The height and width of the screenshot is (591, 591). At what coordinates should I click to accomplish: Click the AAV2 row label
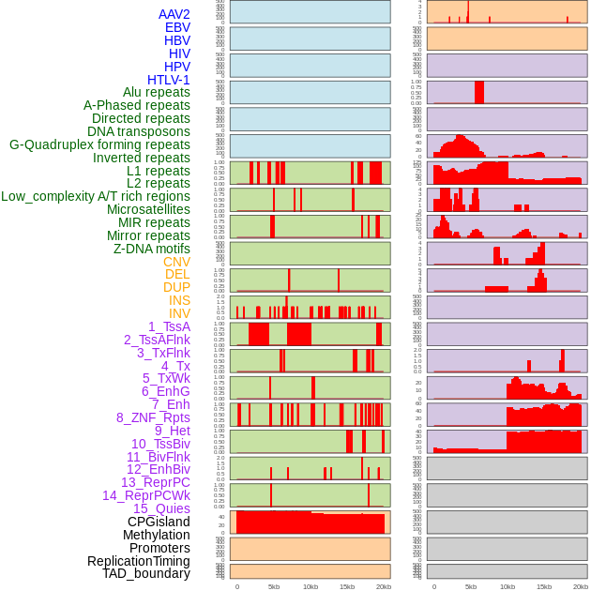click(x=174, y=14)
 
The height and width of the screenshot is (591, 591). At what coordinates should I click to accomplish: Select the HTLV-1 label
click(x=168, y=80)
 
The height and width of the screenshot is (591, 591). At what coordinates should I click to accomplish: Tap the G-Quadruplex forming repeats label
click(x=99, y=144)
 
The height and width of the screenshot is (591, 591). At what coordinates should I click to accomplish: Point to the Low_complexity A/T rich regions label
click(x=96, y=196)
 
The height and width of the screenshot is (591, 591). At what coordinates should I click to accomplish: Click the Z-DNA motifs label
click(x=151, y=249)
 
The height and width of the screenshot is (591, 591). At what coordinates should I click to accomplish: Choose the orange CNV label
click(x=176, y=262)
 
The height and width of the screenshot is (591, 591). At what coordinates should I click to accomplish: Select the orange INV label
click(x=179, y=313)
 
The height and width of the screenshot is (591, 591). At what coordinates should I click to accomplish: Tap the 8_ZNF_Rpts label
click(x=153, y=417)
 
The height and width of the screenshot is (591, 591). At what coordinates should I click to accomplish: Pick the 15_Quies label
click(x=160, y=508)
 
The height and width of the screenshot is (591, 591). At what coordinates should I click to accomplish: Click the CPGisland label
click(x=159, y=522)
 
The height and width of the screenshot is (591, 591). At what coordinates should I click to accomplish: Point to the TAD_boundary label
click(x=146, y=573)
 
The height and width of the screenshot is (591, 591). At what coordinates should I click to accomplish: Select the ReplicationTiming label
click(x=138, y=561)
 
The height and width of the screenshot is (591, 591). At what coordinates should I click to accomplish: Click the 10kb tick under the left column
click(x=310, y=586)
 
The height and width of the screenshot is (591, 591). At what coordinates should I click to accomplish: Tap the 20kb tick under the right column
click(x=581, y=586)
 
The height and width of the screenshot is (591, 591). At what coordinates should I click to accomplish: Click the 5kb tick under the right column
click(x=470, y=586)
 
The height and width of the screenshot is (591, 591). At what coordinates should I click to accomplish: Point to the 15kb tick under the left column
click(x=346, y=586)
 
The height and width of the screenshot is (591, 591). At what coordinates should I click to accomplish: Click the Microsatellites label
click(x=148, y=209)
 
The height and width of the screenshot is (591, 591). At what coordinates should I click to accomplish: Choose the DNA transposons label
click(x=139, y=131)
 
